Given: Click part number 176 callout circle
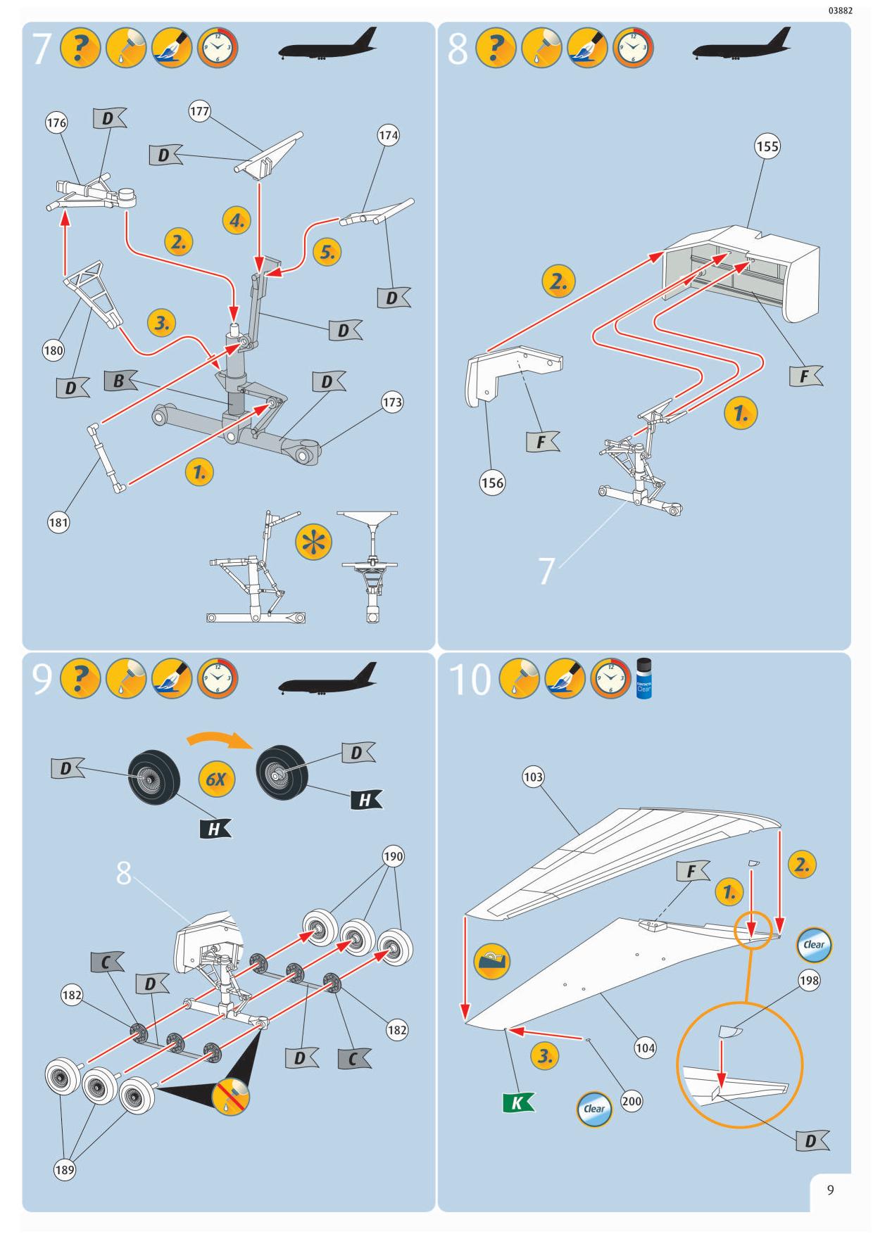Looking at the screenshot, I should [56, 123].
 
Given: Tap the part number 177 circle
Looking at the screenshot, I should [200, 111].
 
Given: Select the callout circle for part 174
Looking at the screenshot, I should [389, 136].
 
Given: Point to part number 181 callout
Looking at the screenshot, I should [58, 522].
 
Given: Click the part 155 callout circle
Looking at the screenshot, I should [767, 146].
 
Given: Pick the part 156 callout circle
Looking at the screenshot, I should [492, 483].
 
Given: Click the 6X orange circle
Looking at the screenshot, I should [216, 780].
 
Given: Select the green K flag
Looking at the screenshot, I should [518, 1102].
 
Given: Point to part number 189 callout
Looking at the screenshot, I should [64, 1170].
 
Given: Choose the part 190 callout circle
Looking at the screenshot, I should [393, 856].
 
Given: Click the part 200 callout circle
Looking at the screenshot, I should [632, 1101].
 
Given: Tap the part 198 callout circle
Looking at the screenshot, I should [809, 981].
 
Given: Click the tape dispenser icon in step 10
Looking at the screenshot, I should [493, 962].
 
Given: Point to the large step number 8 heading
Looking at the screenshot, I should [458, 49].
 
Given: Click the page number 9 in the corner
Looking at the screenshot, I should [831, 1190].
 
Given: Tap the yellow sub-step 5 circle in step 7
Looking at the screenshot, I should [327, 252].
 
